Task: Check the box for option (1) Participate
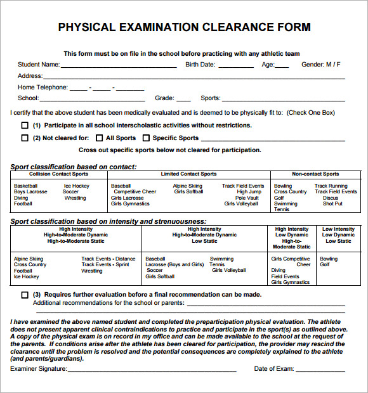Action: coord(25,126)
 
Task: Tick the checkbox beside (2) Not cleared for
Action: coord(25,138)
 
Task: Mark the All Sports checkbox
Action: coord(99,138)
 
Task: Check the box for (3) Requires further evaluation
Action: coord(25,295)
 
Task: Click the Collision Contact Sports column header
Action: coord(59,174)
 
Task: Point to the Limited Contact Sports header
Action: coord(188,174)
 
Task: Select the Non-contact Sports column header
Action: coord(315,174)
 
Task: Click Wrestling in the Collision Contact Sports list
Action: coord(75,198)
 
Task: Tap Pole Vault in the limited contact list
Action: coord(247,198)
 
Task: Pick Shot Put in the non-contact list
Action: coord(332,203)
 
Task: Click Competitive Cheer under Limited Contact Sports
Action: coord(135,191)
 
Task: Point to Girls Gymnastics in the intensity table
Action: coord(291,282)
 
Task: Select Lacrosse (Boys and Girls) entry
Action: coord(174,264)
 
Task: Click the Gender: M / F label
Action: coord(321,65)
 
